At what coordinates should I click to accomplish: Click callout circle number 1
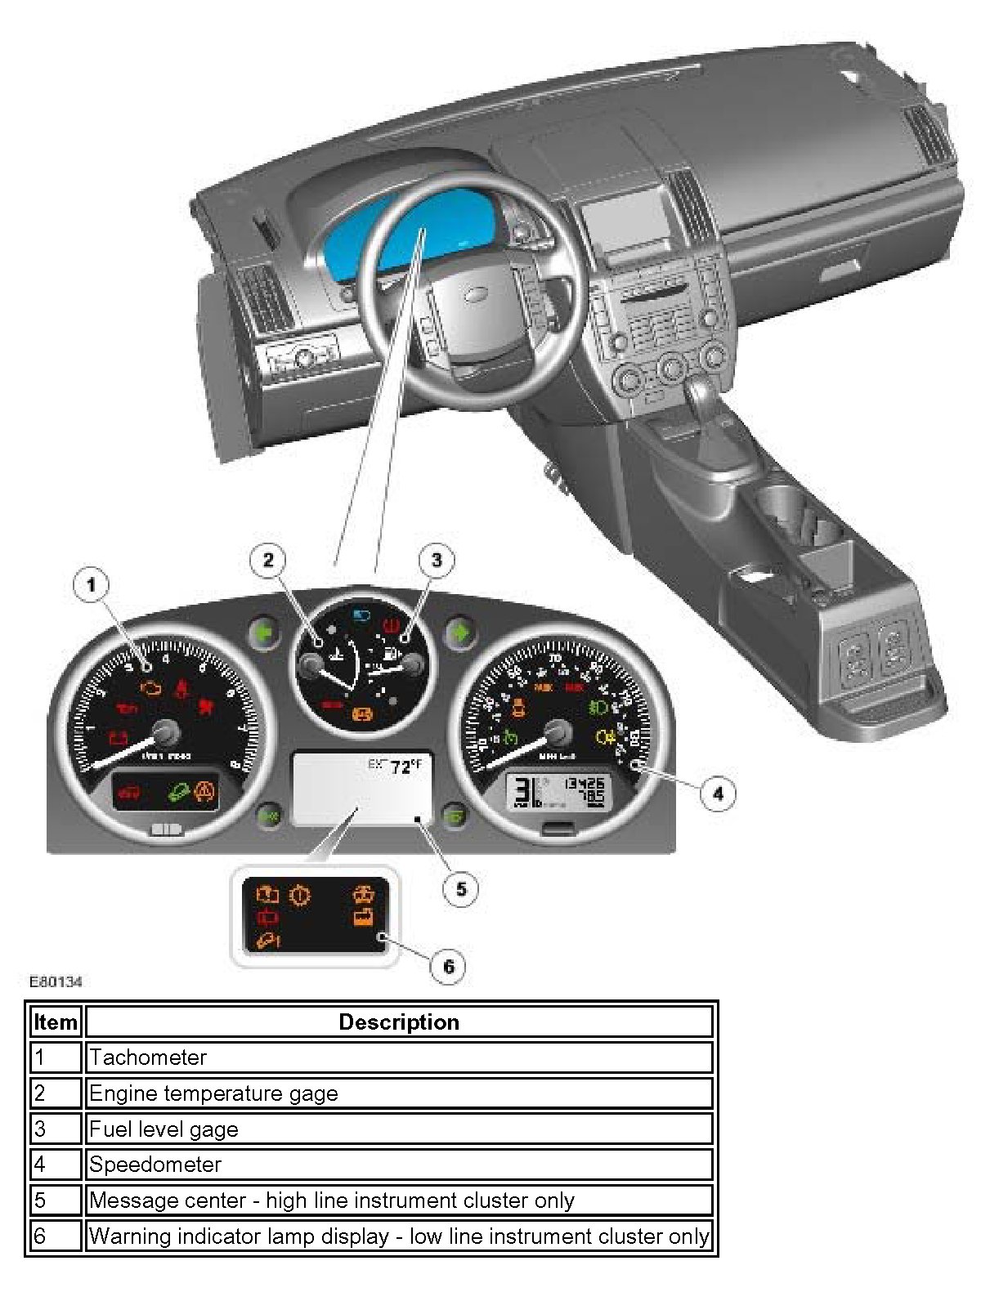[x=91, y=584]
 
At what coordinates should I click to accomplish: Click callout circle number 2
[x=268, y=560]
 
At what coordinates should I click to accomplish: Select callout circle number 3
[x=436, y=560]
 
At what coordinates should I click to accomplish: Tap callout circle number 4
[x=718, y=793]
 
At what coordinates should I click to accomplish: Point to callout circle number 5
[x=461, y=888]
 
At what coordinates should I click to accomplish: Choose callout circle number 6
[x=448, y=966]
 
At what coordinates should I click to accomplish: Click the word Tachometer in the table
[x=148, y=1057]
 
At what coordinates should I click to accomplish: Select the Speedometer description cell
[x=399, y=1165]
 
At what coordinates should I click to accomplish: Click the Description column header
[x=399, y=1022]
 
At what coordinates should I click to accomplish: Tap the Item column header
[x=56, y=1022]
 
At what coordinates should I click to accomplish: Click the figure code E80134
[x=56, y=981]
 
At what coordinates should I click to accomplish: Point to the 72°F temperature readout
[x=404, y=767]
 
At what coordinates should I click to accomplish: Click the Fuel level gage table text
[x=164, y=1129]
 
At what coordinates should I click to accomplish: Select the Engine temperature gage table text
[x=213, y=1093]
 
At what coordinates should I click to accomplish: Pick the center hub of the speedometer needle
[x=558, y=732]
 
